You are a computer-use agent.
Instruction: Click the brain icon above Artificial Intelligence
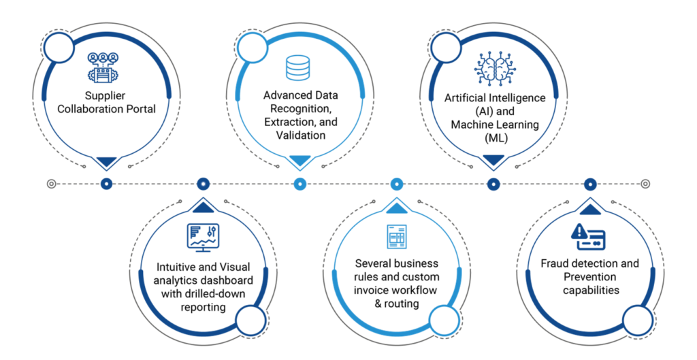[x=496, y=69]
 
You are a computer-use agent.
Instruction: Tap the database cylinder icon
[x=297, y=67]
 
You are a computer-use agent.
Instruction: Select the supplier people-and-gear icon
[x=103, y=67]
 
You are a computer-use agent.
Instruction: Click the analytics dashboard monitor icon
[x=203, y=238]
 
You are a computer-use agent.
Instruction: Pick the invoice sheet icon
[x=397, y=237]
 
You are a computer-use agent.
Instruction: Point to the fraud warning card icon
[x=588, y=236]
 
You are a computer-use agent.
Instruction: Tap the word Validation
[x=300, y=135]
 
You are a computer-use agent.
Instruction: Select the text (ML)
[x=496, y=138]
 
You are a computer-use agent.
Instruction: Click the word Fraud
[x=554, y=263]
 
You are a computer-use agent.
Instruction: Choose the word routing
[x=402, y=304]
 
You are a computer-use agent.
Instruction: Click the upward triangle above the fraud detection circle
[x=590, y=210]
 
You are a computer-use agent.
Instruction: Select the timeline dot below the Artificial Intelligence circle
[x=493, y=184]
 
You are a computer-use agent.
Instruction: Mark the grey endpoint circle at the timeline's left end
[x=52, y=184]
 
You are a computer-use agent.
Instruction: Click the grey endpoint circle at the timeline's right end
[x=645, y=184]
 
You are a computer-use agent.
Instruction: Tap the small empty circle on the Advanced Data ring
[x=253, y=47]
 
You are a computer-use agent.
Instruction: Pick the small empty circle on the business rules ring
[x=444, y=320]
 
